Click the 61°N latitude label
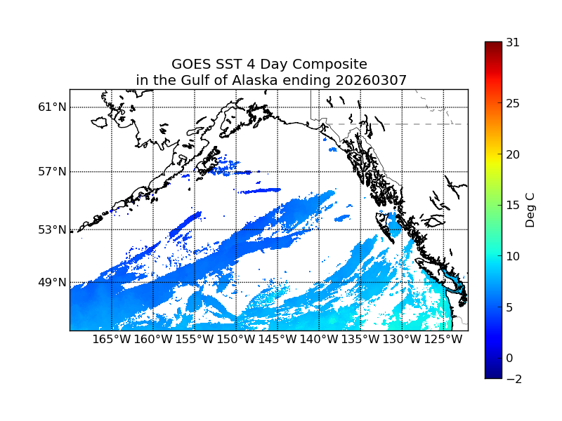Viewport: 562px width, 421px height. point(52,107)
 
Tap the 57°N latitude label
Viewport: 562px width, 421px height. point(52,172)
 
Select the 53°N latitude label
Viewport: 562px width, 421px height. point(52,229)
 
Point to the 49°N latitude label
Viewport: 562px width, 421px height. point(52,282)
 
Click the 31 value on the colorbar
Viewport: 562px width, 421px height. point(513,42)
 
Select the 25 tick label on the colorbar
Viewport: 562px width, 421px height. point(513,104)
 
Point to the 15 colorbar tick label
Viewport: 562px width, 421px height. point(513,206)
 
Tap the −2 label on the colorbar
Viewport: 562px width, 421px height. point(513,379)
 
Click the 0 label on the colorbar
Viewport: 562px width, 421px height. point(509,358)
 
